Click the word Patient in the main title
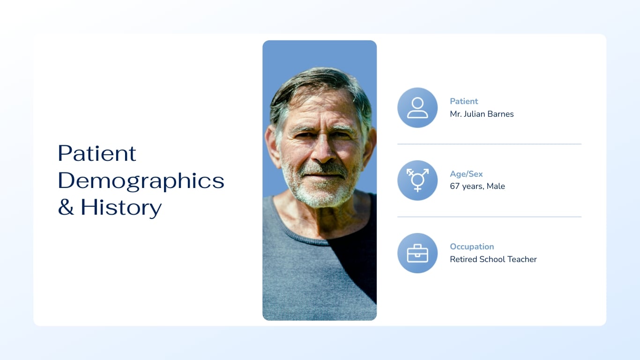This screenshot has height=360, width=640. (97, 153)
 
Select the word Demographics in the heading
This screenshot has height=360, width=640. (141, 180)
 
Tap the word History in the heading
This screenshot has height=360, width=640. (121, 207)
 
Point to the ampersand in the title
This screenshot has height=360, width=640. (66, 208)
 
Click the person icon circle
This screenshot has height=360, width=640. (417, 107)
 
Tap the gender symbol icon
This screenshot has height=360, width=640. (417, 180)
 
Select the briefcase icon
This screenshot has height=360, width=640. (417, 253)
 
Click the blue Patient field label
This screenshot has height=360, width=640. (464, 101)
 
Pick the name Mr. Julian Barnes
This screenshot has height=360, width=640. (482, 114)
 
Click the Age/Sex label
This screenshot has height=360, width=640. (466, 174)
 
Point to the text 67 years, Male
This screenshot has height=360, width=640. (477, 187)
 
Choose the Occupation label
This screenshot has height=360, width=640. (472, 247)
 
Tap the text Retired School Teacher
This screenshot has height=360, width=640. (493, 259)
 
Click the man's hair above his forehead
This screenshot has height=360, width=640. (319, 80)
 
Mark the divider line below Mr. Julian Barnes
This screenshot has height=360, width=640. (489, 144)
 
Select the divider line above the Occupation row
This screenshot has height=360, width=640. (489, 217)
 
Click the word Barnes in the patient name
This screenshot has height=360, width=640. (501, 114)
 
